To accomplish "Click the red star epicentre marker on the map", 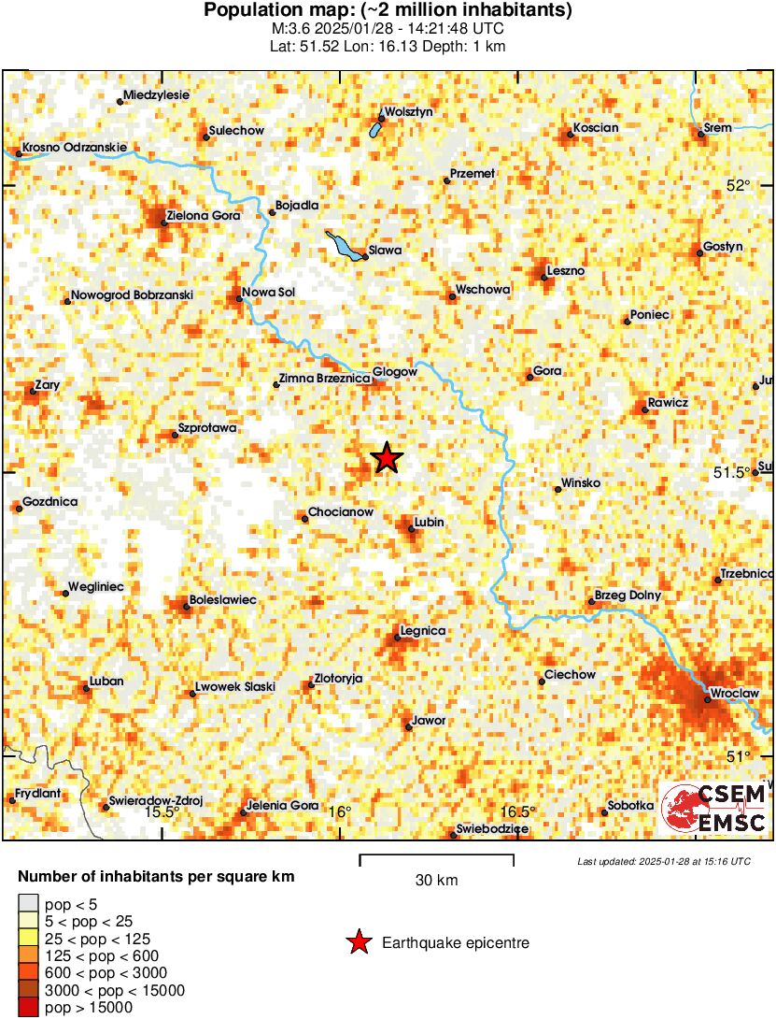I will pos(387,458).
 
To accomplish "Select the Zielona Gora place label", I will pos(203,216).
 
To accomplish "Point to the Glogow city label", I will pos(394,372).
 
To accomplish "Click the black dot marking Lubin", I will pos(411,529).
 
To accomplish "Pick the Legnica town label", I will pos(422,631).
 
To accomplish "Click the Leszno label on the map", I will pos(567,270).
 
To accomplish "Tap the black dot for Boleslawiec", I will pos(187,608).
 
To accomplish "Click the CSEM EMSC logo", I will pos(714,809).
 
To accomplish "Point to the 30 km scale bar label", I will pos(436,880).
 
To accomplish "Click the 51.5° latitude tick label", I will pos(732,472).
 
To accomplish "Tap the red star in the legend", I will pos(358,943).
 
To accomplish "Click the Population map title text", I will pos(388,11).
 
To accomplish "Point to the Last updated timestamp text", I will pos(663,861).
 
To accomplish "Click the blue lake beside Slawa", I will pos(344,249).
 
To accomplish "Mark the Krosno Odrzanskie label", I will pos(74,147).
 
